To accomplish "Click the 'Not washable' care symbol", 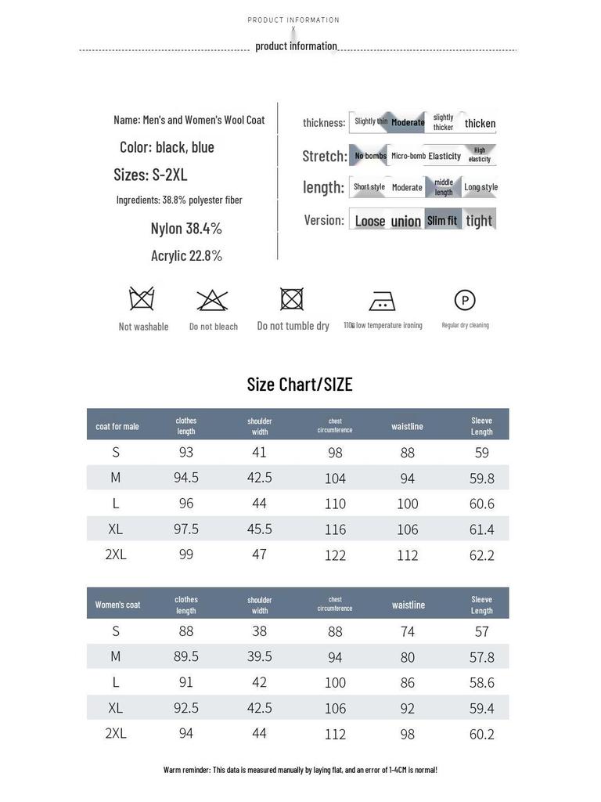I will pos(142,299).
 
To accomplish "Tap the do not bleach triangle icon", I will pos(212,300).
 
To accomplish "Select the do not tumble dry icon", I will pos(292,299).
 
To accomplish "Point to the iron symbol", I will pos(382,301).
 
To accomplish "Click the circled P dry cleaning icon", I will pos(465,300).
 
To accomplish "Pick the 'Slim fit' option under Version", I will pos(442,220).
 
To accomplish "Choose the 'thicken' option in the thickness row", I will pos(480,123).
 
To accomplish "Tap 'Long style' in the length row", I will pos(480,187).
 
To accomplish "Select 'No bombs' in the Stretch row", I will pos(370,156).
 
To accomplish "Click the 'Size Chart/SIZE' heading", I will pos(300,385).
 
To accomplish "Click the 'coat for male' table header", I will pos(117,426).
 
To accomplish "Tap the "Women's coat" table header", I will pos(118,605).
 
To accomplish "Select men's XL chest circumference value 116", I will pos(335,529).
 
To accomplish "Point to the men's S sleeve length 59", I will pos(482,453).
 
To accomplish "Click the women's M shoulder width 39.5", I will pos(260,656).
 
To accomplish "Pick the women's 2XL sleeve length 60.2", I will pos(482,734).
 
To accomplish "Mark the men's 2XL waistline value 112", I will pos(408,555).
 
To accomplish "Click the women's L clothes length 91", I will pos(186,682).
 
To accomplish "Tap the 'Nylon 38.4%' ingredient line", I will pos(186,229).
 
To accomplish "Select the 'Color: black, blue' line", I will pos(167,147).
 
